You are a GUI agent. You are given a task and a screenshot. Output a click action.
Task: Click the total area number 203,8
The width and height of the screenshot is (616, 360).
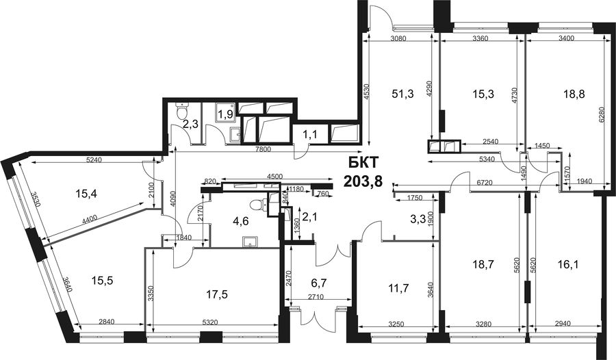(x=363, y=181)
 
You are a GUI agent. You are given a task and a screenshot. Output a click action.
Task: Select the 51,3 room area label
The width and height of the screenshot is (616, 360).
(x=402, y=94)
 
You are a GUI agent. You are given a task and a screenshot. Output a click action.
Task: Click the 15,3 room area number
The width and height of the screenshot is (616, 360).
(x=483, y=94)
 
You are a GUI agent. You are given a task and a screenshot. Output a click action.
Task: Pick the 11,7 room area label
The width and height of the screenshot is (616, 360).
(x=398, y=288)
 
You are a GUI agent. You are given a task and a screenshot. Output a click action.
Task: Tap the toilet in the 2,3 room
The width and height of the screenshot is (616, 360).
(x=182, y=111)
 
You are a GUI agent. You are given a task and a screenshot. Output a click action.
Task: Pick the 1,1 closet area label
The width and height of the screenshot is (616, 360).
(x=309, y=135)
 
